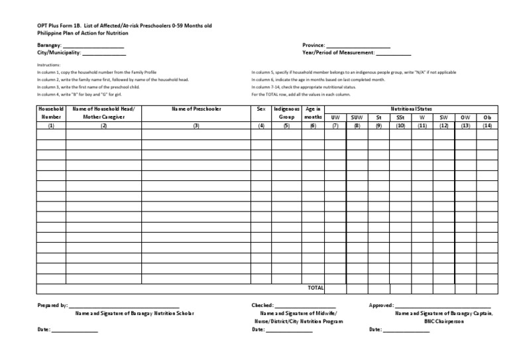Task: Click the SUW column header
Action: point(357,117)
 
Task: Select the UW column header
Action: point(335,117)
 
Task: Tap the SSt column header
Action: point(400,117)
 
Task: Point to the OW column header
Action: point(465,117)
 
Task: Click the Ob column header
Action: point(487,117)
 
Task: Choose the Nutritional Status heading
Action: point(411,108)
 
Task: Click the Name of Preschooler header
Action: point(196,108)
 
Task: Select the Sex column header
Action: point(261,108)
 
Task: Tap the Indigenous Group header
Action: point(286,112)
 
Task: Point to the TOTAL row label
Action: point(315,288)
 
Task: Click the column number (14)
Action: point(487,125)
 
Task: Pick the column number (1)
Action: point(50,125)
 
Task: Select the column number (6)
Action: point(313,125)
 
